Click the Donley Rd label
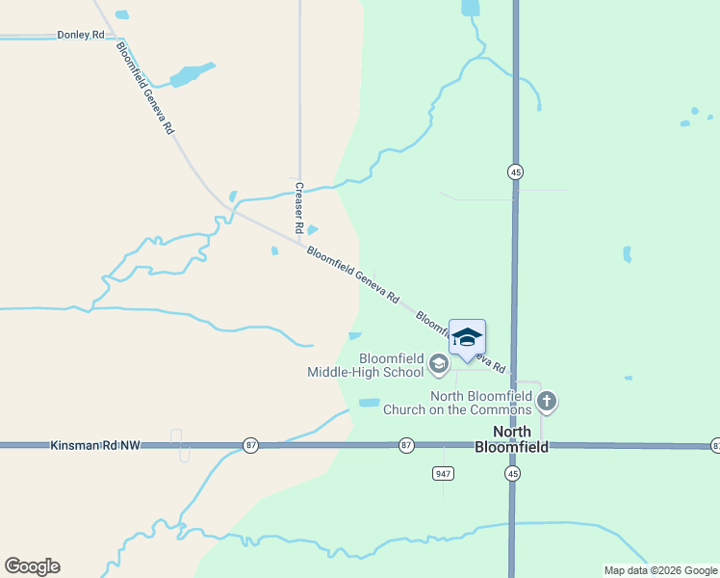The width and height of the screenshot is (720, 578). (81, 35)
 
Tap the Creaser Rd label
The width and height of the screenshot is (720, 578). (299, 208)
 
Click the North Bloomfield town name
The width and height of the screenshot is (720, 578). (511, 439)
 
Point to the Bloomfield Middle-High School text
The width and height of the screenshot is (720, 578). (366, 365)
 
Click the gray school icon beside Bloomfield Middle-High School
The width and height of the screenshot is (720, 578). (439, 363)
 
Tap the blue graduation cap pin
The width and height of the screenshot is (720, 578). (467, 337)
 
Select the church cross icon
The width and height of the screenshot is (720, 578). (547, 400)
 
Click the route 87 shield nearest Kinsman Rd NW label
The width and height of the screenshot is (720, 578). (251, 445)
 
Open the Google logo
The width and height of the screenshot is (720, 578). (32, 566)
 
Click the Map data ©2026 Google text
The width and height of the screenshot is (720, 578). (661, 570)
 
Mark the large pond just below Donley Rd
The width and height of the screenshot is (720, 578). (191, 74)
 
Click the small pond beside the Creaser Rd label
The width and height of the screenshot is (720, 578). (312, 229)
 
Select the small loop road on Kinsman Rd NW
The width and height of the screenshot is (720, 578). (179, 445)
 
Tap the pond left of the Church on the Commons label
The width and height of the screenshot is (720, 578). (370, 403)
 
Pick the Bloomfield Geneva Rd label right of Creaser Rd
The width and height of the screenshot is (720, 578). (352, 276)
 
